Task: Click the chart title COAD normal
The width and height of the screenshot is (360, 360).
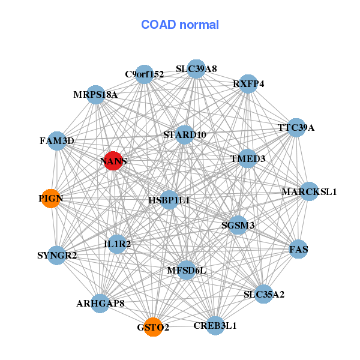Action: [x=180, y=25]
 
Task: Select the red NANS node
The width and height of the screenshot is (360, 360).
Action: [x=113, y=160]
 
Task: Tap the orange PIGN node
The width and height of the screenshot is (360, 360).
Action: [x=51, y=199]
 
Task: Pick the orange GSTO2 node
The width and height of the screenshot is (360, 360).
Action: [x=153, y=327]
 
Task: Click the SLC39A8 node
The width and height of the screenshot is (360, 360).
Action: [x=196, y=68]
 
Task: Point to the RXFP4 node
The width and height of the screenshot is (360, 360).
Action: [x=248, y=83]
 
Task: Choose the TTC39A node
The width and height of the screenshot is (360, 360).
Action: [x=296, y=128]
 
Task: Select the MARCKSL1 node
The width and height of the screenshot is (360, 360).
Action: [x=309, y=192]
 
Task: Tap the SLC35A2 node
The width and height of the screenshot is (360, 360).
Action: [x=264, y=294]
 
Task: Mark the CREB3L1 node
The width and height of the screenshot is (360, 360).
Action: [x=215, y=325]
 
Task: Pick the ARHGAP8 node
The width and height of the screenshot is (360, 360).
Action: [x=100, y=303]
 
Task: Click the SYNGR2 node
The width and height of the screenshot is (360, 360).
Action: [x=57, y=256]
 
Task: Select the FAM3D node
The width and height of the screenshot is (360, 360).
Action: [x=57, y=141]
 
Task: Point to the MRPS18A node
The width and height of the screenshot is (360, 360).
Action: [x=96, y=94]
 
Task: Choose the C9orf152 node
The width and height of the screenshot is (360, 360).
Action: [x=144, y=74]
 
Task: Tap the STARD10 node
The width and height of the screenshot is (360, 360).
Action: [x=185, y=135]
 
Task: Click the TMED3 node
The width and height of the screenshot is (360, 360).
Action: [x=248, y=158]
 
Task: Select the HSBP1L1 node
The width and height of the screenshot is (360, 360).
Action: [x=169, y=200]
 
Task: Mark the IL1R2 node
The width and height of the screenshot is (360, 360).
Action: [x=117, y=244]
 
